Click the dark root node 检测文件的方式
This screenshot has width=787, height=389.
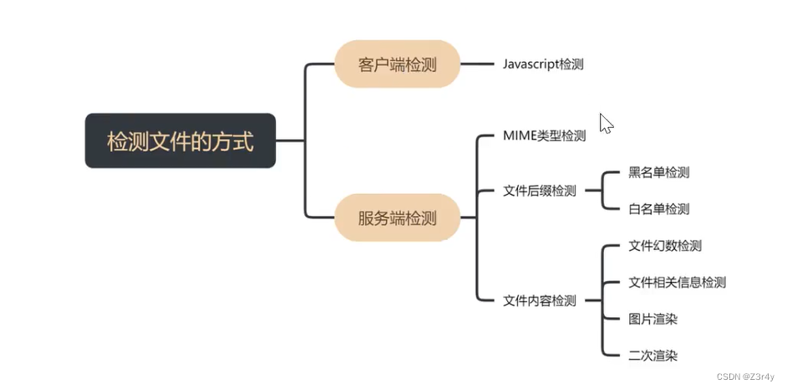pos(180,141)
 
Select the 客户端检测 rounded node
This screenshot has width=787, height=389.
pos(397,64)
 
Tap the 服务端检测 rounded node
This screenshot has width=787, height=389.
pos(397,218)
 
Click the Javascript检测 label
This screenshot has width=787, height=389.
pos(543,64)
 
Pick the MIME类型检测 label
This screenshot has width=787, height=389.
pos(544,136)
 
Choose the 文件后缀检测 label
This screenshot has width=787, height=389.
pos(540,191)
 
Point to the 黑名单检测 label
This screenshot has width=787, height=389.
pos(658,172)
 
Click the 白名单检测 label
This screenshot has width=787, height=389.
pos(658,209)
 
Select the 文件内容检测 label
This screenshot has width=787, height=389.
pos(540,300)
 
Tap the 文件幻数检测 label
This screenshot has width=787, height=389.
pos(664,246)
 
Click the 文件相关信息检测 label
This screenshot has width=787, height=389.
pos(677,282)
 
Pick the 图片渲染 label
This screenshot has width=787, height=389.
pos(652,319)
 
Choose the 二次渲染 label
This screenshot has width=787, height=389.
pos(652,356)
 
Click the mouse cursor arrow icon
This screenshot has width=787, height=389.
pos(606,123)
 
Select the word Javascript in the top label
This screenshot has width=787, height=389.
pos(531,64)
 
